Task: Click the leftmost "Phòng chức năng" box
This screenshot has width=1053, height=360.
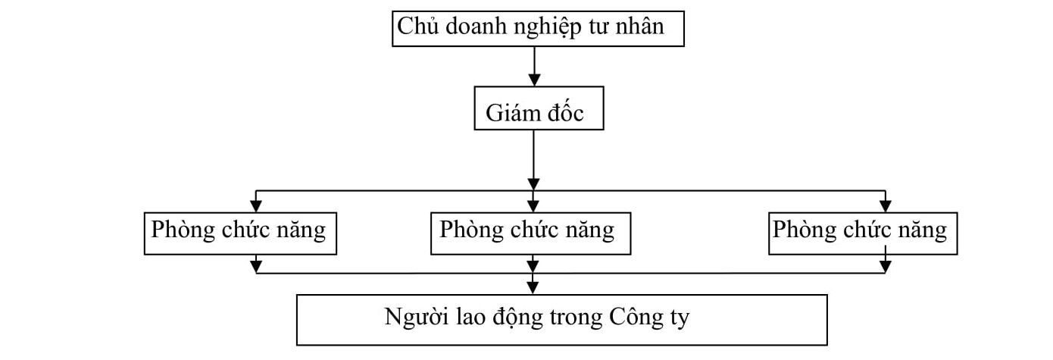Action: click(x=240, y=233)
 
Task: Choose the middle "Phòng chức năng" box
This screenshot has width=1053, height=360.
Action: click(x=530, y=233)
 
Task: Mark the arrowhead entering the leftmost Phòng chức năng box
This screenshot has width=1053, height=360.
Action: click(x=256, y=205)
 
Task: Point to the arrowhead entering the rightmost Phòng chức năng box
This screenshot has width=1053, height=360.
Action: click(x=885, y=205)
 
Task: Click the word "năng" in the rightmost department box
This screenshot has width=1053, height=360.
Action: click(x=922, y=230)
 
